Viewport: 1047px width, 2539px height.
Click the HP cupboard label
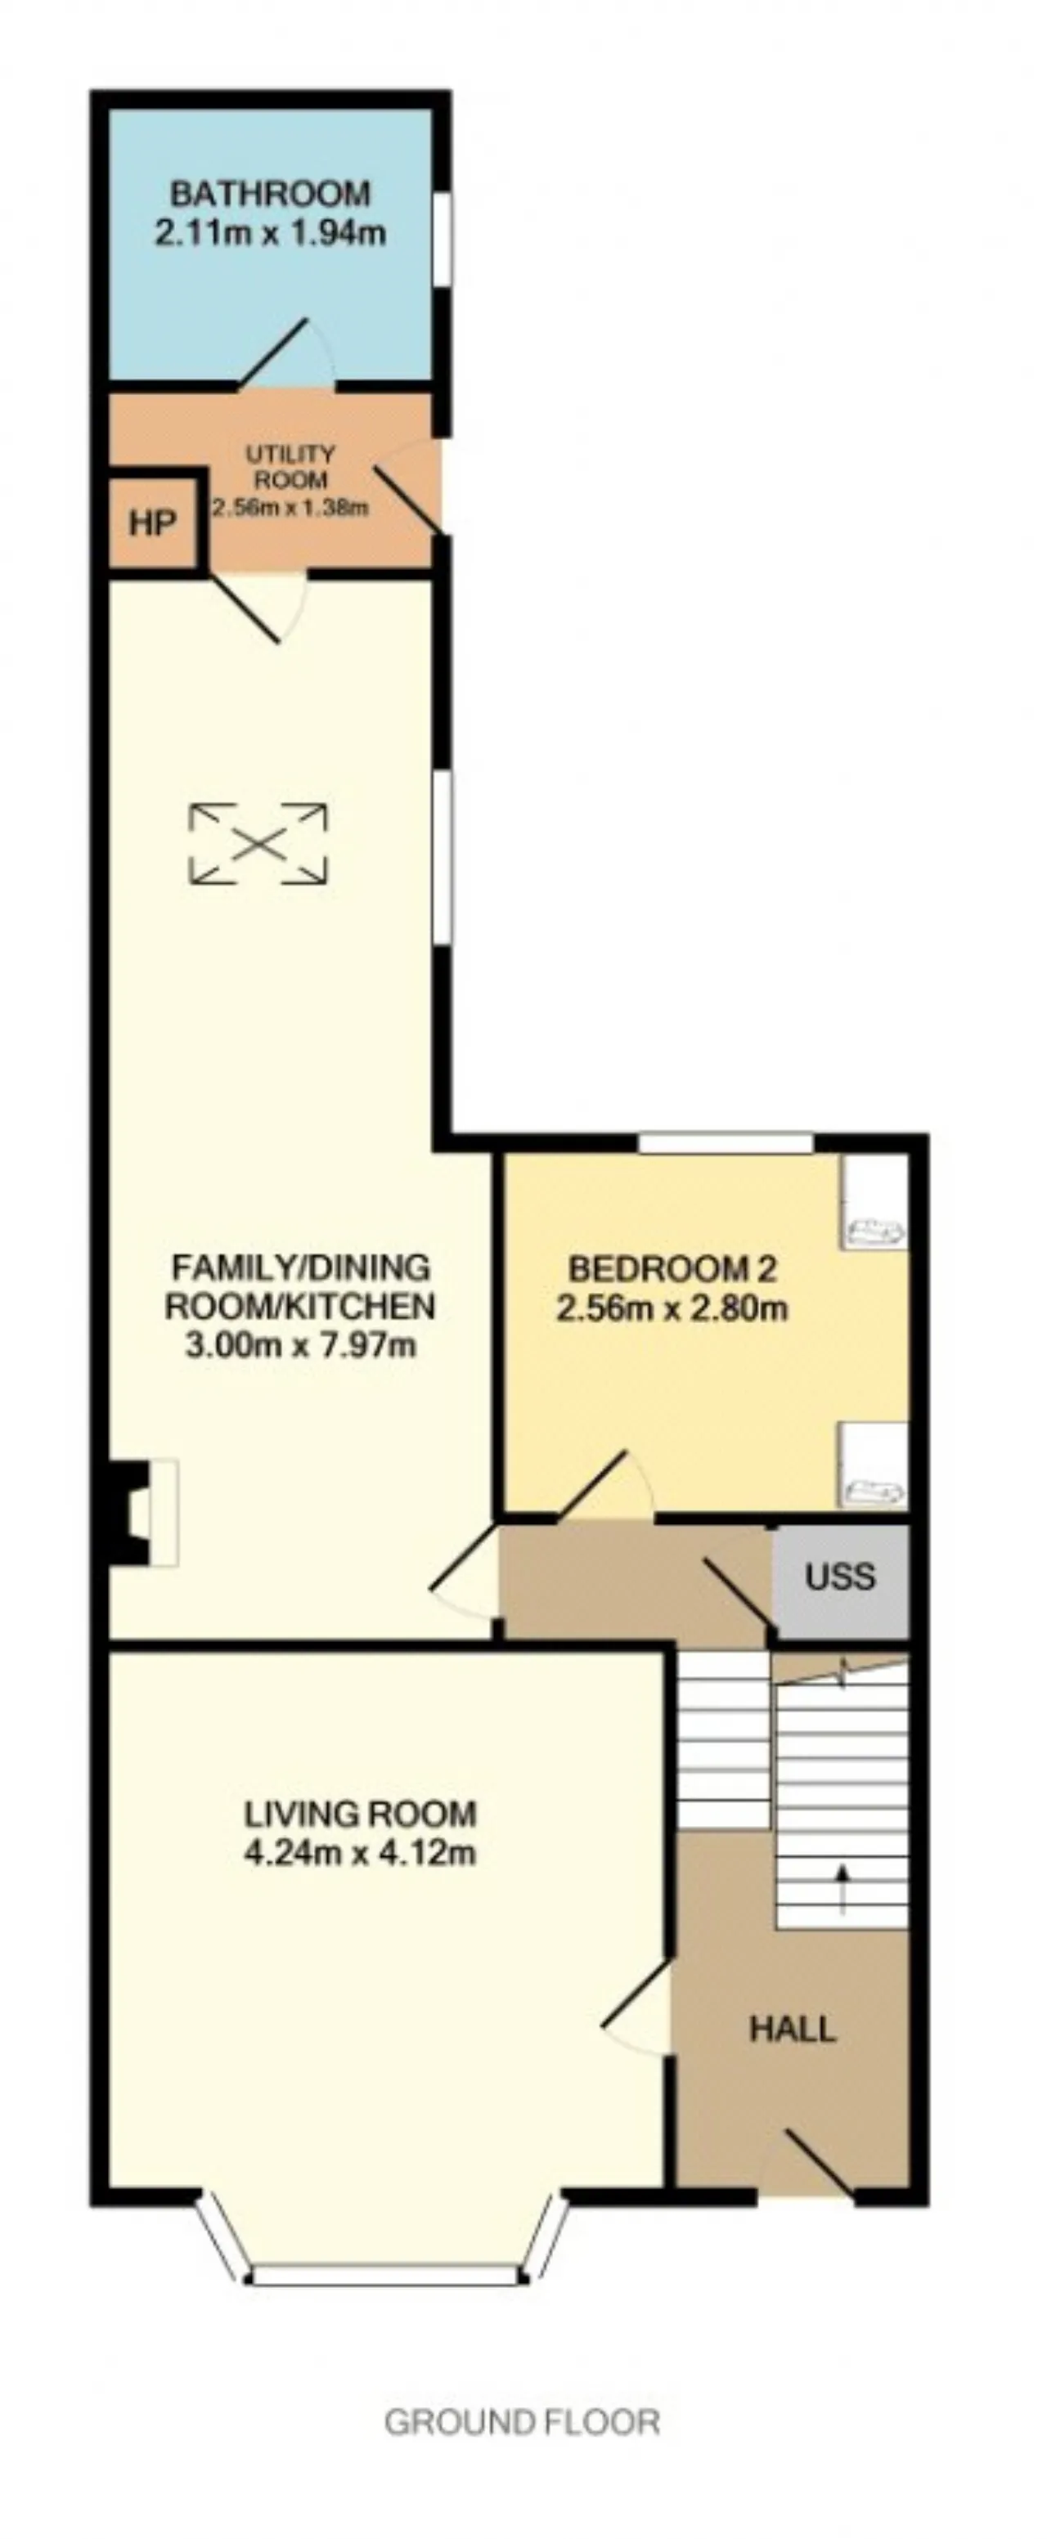click(x=152, y=523)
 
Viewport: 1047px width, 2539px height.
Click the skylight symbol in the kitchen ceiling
click(x=258, y=844)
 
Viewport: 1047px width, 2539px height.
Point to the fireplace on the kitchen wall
click(x=144, y=1512)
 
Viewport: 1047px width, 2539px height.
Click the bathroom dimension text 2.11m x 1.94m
click(x=270, y=234)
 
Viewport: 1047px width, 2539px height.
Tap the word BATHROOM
click(x=270, y=193)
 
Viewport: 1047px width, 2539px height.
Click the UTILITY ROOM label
click(x=290, y=467)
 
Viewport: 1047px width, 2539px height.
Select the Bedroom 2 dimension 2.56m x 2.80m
click(x=672, y=1310)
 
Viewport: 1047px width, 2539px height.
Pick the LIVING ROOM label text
click(x=361, y=1814)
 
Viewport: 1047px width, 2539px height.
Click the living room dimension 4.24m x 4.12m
click(x=361, y=1854)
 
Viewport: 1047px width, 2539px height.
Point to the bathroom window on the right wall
click(x=443, y=240)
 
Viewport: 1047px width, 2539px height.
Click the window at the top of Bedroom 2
click(x=726, y=1143)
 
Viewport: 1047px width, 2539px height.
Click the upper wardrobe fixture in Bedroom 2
click(x=874, y=1204)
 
